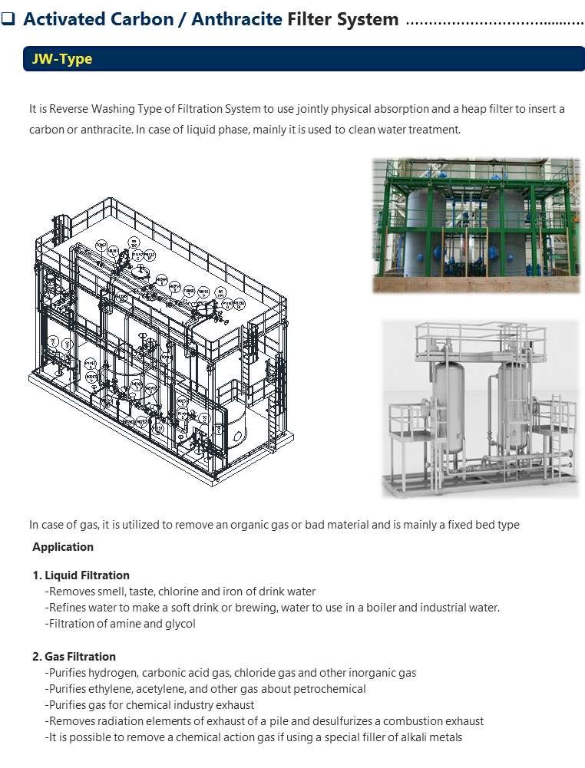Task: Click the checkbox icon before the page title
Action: click(x=9, y=19)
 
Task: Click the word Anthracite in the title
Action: click(x=236, y=19)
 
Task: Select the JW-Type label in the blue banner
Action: click(x=62, y=59)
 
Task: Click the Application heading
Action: click(x=63, y=547)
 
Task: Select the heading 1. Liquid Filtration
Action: click(x=81, y=575)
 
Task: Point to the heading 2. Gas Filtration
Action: click(x=74, y=657)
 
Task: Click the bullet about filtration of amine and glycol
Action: click(x=121, y=624)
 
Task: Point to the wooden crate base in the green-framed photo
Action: click(x=476, y=284)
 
